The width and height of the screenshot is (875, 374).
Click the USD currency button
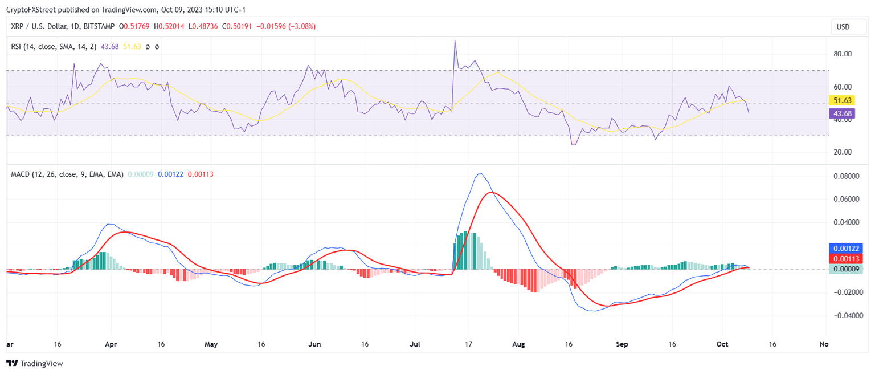click(843, 27)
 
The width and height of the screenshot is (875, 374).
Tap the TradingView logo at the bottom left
click(35, 363)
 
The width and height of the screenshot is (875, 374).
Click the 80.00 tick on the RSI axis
click(842, 54)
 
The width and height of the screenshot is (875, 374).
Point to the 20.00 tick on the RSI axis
click(842, 152)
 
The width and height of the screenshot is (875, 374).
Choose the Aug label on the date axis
click(518, 344)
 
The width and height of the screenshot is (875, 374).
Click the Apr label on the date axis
click(111, 344)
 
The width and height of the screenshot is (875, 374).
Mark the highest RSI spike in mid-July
click(455, 40)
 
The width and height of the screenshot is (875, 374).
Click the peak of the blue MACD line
click(481, 174)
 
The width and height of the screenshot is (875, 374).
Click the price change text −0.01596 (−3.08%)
click(286, 26)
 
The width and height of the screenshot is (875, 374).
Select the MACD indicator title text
click(67, 174)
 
